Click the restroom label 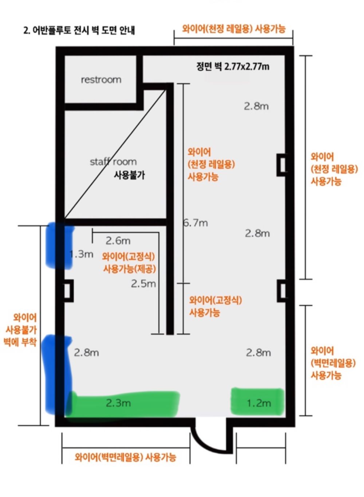(101, 79)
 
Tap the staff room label (113, 162)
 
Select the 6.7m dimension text (196, 223)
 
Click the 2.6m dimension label (118, 241)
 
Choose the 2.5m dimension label (143, 284)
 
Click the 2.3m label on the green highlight (118, 403)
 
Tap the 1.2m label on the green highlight (259, 403)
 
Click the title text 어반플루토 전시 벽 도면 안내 (79, 30)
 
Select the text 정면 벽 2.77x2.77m (233, 66)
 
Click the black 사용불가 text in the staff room (129, 175)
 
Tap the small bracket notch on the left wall (68, 291)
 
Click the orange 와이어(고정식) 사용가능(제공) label (129, 263)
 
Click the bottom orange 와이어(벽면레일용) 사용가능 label (126, 457)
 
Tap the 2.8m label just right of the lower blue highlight (86, 353)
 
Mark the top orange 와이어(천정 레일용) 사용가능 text (234, 29)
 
